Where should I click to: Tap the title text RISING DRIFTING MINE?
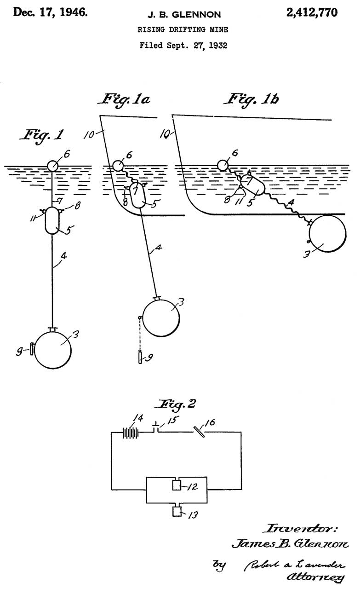[x=183, y=30]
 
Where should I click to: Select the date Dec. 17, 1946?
[x=50, y=12]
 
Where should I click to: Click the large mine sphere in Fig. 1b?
[x=327, y=233]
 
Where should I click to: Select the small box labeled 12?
[x=177, y=485]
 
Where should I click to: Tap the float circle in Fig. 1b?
[x=223, y=165]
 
